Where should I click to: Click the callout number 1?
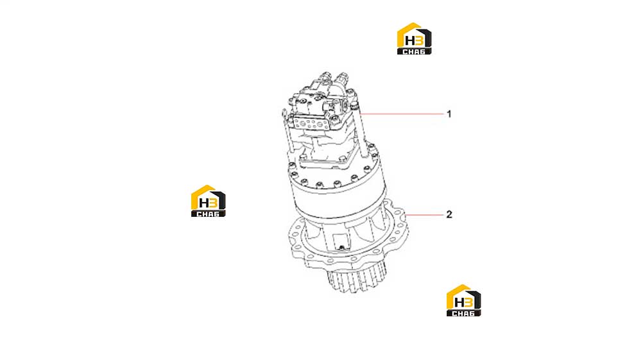(x=449, y=114)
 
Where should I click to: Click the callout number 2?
(x=449, y=214)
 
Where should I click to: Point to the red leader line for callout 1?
(x=402, y=114)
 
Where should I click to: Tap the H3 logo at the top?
(x=414, y=39)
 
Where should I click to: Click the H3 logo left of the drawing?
(x=208, y=201)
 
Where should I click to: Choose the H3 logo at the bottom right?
(x=463, y=300)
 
